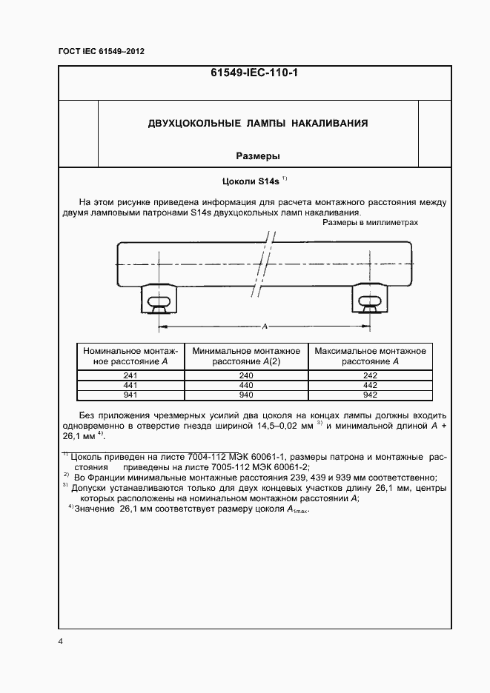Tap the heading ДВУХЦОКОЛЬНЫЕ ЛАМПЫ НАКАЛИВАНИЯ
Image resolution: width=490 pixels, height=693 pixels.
pyautogui.click(x=258, y=123)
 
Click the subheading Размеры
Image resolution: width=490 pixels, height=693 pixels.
pyautogui.click(x=257, y=156)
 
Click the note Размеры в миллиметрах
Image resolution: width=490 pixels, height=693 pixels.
pyautogui.click(x=371, y=223)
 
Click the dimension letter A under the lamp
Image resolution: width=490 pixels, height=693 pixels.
pyautogui.click(x=265, y=325)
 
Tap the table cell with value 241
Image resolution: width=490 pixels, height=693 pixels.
pyautogui.click(x=131, y=375)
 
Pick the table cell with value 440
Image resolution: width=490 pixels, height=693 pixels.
pyautogui.click(x=246, y=385)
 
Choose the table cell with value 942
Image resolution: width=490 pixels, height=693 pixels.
pyautogui.click(x=371, y=395)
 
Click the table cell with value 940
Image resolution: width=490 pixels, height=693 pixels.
pyautogui.click(x=246, y=395)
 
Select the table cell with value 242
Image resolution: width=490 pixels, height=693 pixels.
pyautogui.click(x=371, y=375)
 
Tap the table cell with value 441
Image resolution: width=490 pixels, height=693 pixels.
pyautogui.click(x=131, y=385)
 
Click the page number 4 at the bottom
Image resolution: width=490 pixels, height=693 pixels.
pyautogui.click(x=60, y=641)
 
